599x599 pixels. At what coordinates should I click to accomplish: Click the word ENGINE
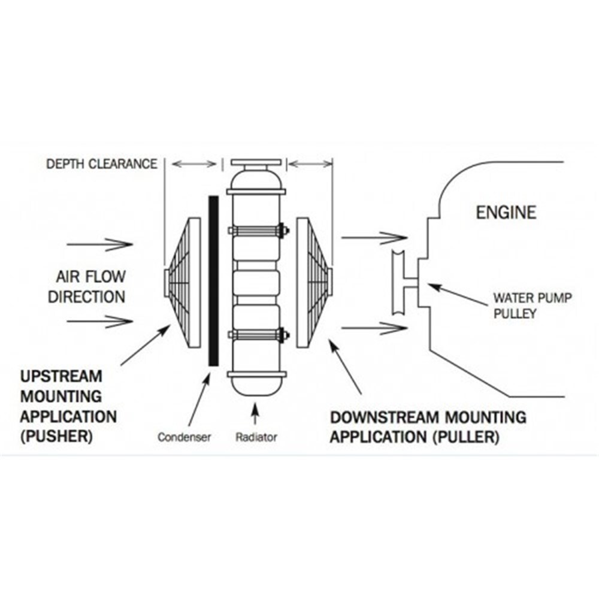506,213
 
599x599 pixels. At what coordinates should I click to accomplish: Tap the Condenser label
184,437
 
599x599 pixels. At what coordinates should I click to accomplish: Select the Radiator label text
256,437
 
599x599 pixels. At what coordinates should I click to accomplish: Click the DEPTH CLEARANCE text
102,164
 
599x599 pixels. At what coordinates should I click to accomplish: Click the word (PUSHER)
56,435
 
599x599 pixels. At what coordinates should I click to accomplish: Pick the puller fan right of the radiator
312,282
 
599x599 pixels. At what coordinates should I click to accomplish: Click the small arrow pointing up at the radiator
256,415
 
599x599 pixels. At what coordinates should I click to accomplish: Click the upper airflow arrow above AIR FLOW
99,244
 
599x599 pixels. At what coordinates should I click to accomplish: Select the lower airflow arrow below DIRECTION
99,322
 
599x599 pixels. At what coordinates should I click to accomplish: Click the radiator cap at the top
256,163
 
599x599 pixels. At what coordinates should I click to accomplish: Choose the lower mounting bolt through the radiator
256,334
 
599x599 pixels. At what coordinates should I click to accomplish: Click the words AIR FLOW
91,277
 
